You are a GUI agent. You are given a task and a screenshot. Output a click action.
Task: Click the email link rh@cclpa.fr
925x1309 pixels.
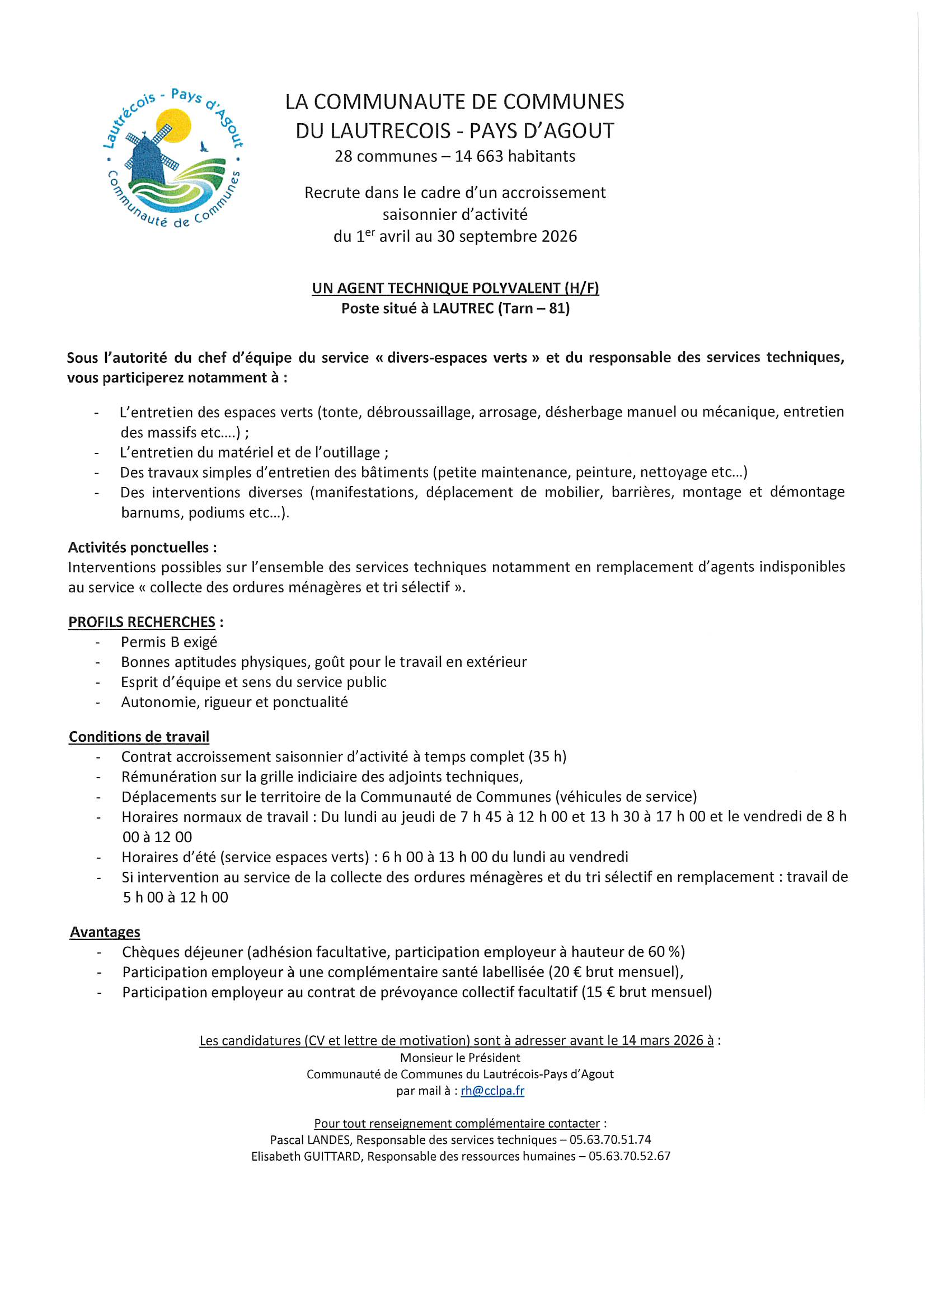pyautogui.click(x=492, y=1091)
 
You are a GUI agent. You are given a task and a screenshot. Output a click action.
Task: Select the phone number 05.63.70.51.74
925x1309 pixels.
pyautogui.click(x=610, y=1140)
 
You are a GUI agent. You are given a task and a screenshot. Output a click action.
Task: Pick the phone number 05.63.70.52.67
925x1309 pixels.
pyautogui.click(x=629, y=1156)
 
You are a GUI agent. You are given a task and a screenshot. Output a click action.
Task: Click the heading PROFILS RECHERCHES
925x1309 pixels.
pyautogui.click(x=142, y=622)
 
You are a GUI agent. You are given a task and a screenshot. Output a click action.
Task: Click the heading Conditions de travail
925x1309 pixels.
pyautogui.click(x=139, y=737)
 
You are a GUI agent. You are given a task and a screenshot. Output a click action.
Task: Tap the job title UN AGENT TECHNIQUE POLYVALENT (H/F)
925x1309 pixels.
pyautogui.click(x=456, y=288)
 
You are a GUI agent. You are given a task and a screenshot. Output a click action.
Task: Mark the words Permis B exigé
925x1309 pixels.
pyautogui.click(x=168, y=642)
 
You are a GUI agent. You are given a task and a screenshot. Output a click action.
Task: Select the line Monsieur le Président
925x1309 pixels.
pyautogui.click(x=460, y=1058)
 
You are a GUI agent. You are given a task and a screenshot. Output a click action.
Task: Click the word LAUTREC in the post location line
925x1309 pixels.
pyautogui.click(x=463, y=308)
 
